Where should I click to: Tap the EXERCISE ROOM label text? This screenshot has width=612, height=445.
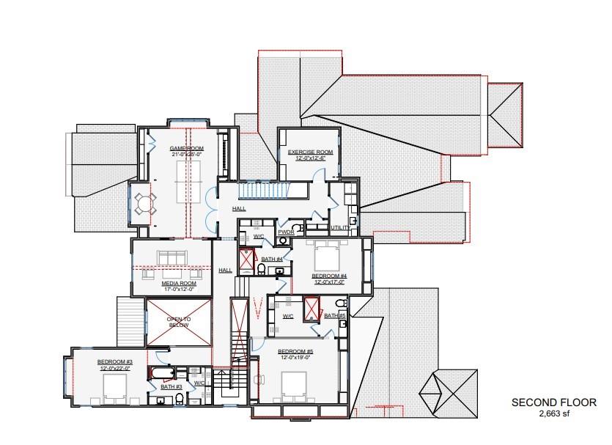click(x=310, y=152)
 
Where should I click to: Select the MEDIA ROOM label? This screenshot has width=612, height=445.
click(x=179, y=282)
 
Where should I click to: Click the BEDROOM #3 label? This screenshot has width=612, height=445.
click(x=115, y=362)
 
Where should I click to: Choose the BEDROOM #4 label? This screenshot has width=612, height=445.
click(x=328, y=276)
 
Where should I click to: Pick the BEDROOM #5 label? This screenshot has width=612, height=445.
click(x=295, y=352)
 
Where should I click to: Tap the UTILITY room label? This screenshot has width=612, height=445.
click(x=340, y=227)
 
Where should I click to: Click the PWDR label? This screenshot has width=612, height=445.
click(x=285, y=232)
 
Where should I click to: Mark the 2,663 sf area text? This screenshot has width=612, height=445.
click(x=553, y=413)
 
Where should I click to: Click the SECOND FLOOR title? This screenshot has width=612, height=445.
click(x=553, y=402)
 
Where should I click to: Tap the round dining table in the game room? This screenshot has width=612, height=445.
click(x=144, y=202)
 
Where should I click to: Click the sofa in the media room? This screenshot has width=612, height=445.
click(x=174, y=258)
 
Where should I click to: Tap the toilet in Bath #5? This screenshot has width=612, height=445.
click(x=340, y=303)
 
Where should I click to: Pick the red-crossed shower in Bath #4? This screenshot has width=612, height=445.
click(x=247, y=260)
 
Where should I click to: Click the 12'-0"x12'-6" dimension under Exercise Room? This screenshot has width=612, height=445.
click(x=310, y=158)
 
